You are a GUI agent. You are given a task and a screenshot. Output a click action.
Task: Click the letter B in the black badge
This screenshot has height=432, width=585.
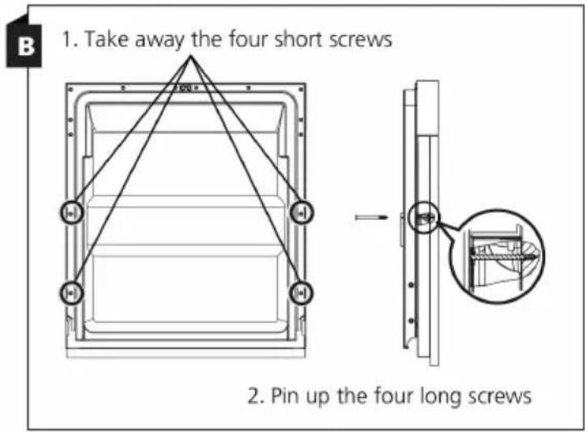point(25,47)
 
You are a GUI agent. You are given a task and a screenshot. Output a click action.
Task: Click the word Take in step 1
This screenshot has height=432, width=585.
point(106,38)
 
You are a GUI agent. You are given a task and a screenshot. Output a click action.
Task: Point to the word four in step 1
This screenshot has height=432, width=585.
point(248,38)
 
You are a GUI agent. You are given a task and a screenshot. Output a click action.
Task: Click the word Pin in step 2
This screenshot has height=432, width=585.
point(285,395)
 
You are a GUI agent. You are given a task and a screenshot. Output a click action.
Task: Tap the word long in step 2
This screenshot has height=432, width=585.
point(441,397)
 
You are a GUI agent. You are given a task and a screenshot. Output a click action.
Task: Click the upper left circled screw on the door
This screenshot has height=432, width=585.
point(71,213)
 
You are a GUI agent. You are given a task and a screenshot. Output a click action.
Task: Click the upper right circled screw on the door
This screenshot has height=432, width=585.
point(302,212)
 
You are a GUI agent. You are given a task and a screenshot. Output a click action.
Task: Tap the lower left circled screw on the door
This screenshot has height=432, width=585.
point(71,293)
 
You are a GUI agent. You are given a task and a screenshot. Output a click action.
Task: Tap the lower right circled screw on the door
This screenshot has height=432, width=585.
point(302,293)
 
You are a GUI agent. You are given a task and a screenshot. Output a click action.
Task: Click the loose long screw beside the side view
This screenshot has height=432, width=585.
point(371,217)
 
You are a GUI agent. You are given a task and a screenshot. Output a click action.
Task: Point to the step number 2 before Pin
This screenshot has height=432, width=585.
point(256,396)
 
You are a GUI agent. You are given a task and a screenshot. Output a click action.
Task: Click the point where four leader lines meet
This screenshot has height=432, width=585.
point(191,57)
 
